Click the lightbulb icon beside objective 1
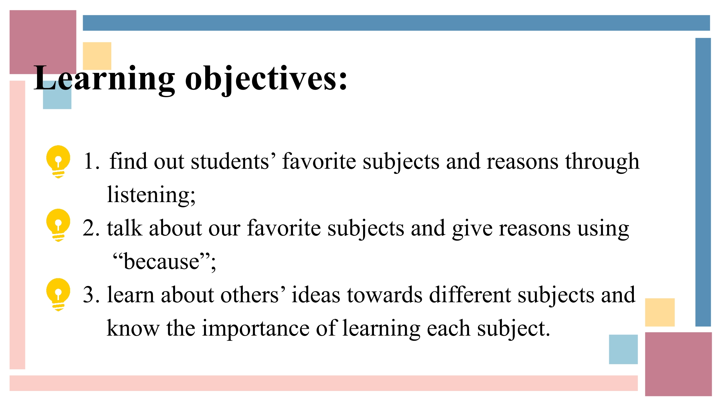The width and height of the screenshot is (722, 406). click(58, 162)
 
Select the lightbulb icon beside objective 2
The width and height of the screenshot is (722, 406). click(58, 225)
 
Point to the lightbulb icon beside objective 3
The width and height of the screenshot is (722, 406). click(58, 295)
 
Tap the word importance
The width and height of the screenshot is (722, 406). click(256, 328)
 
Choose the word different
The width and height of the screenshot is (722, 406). click(470, 295)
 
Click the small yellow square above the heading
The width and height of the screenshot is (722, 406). click(97, 56)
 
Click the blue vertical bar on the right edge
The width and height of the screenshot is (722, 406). click(703, 182)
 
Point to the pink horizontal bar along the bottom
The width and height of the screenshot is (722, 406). click(324, 383)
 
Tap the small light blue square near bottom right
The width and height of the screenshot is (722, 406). click(623, 349)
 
